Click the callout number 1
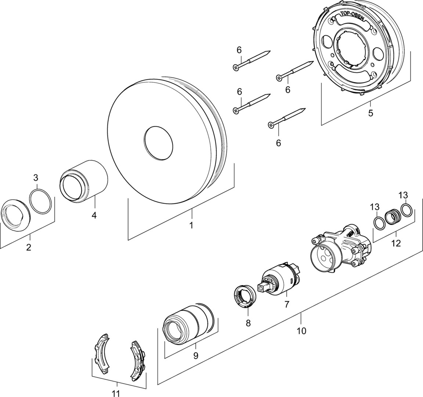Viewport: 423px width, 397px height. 191,225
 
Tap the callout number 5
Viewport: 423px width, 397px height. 370,113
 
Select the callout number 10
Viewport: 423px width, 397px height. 301,330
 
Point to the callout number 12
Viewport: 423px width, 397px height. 396,243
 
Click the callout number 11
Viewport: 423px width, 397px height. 115,394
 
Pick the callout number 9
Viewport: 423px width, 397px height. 196,355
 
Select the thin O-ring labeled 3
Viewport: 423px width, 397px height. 40,201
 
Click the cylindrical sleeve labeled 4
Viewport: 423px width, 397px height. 83,181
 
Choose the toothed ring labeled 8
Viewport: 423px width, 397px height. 245,297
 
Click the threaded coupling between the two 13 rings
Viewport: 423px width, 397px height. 392,217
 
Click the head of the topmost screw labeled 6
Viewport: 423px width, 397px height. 235,67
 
